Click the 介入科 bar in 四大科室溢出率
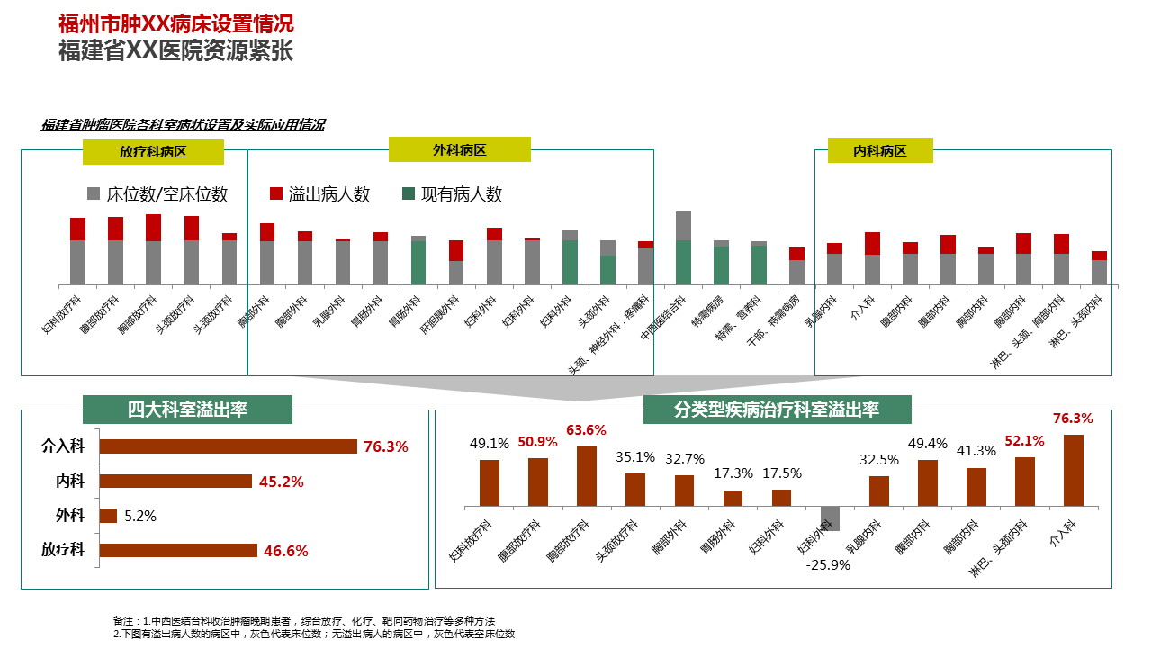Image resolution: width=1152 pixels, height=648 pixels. tap(229, 446)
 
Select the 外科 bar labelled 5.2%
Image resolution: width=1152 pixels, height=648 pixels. tap(108, 516)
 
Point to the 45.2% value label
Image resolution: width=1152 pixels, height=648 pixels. tap(282, 481)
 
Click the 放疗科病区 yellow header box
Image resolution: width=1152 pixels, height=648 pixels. tap(153, 152)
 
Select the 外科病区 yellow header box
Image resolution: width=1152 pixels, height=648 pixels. tap(460, 149)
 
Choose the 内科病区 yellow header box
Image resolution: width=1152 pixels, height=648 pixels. tap(880, 150)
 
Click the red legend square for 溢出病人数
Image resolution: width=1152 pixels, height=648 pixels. tap(276, 193)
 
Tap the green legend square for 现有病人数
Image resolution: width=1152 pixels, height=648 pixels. tap(409, 193)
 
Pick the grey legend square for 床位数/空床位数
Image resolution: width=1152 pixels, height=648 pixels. tap(94, 193)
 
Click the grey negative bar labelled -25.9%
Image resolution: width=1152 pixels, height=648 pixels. tap(830, 518)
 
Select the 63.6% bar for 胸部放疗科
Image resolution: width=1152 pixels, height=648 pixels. tap(587, 476)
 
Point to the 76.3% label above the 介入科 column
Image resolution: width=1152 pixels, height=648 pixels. tap(1073, 418)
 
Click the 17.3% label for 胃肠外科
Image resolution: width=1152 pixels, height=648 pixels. tap(733, 473)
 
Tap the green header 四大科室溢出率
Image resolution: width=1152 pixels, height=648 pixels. tap(187, 409)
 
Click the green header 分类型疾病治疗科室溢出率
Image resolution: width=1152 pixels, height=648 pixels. tap(777, 409)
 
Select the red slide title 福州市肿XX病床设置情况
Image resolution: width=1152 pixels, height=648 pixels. tap(176, 23)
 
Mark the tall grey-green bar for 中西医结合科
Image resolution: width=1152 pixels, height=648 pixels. tap(684, 248)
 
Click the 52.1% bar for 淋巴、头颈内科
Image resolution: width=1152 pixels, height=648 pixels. tap(1025, 481)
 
